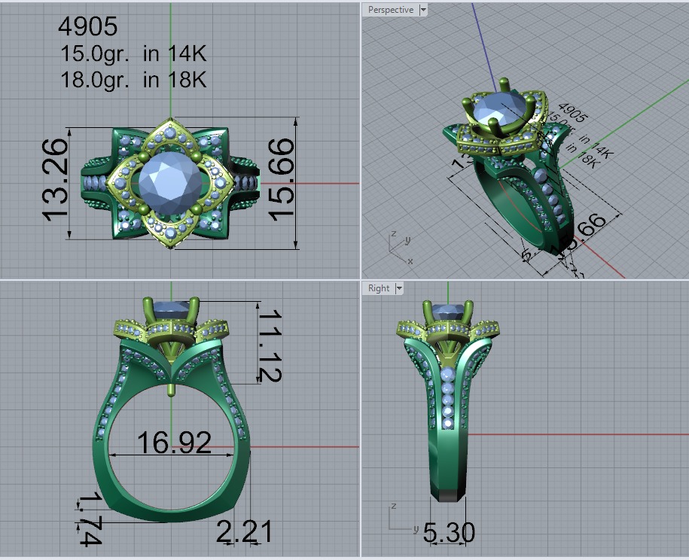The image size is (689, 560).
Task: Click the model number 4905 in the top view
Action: click(x=88, y=26)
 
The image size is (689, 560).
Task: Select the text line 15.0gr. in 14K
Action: click(x=133, y=53)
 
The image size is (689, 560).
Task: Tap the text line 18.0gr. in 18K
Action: click(x=133, y=79)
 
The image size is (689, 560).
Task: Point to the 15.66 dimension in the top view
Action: click(x=280, y=181)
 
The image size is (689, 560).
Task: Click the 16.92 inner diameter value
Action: click(x=173, y=443)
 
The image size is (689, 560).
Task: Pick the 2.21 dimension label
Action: click(x=244, y=532)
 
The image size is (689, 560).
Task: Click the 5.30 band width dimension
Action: click(x=449, y=534)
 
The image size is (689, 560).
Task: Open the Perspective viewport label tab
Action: click(x=389, y=10)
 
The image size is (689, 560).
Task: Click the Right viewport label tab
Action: click(x=379, y=288)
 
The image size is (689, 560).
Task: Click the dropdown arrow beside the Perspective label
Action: click(x=423, y=10)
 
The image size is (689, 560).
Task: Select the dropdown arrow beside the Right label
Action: click(x=399, y=288)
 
